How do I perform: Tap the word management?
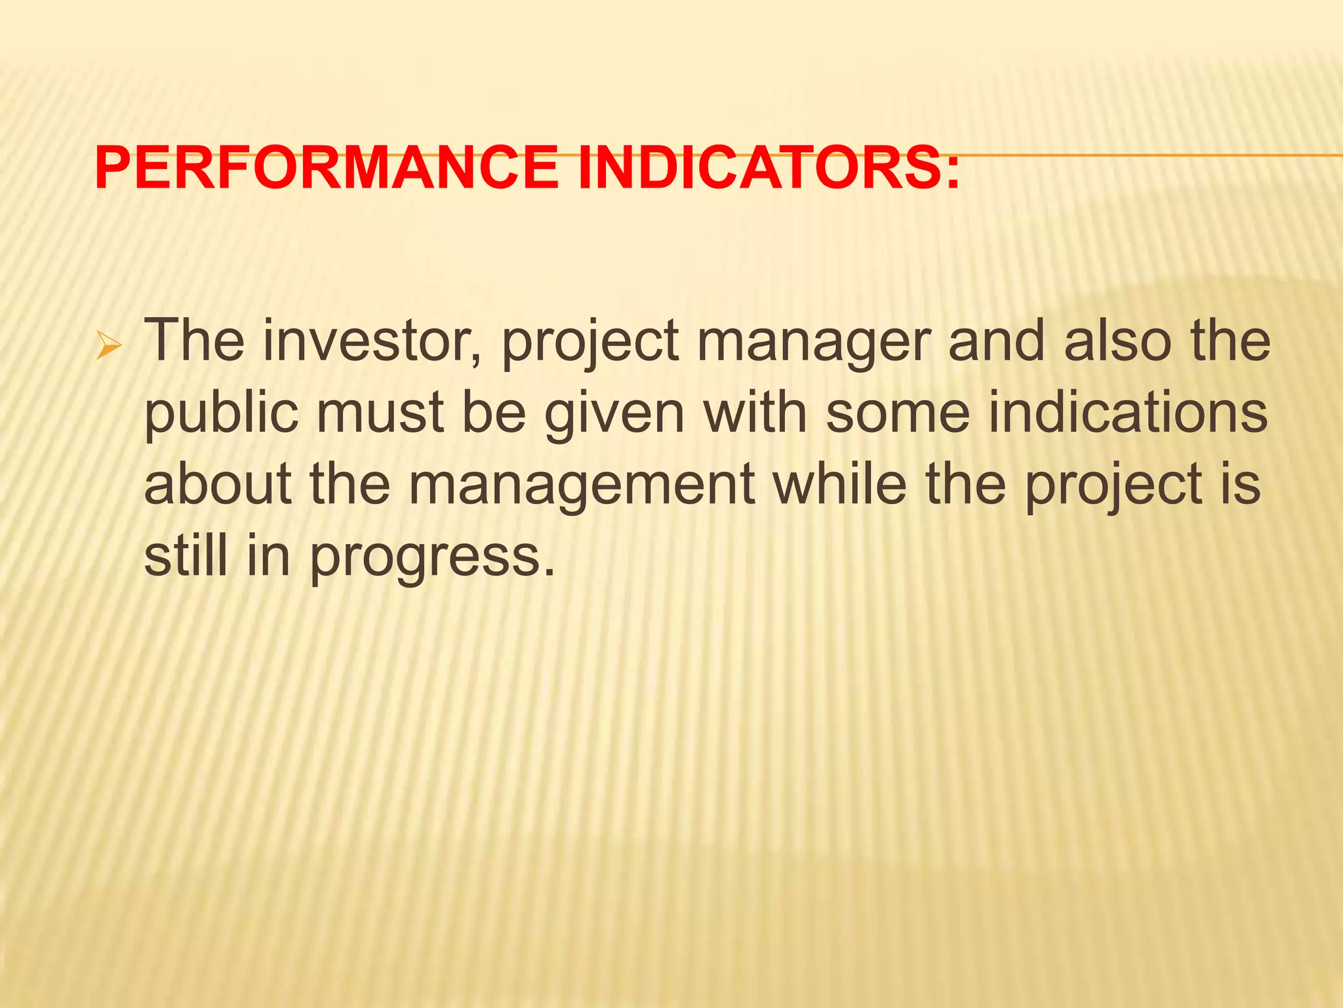[x=581, y=486]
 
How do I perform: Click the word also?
[x=1117, y=341]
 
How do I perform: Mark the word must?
[x=380, y=413]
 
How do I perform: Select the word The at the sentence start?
[x=193, y=341]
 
